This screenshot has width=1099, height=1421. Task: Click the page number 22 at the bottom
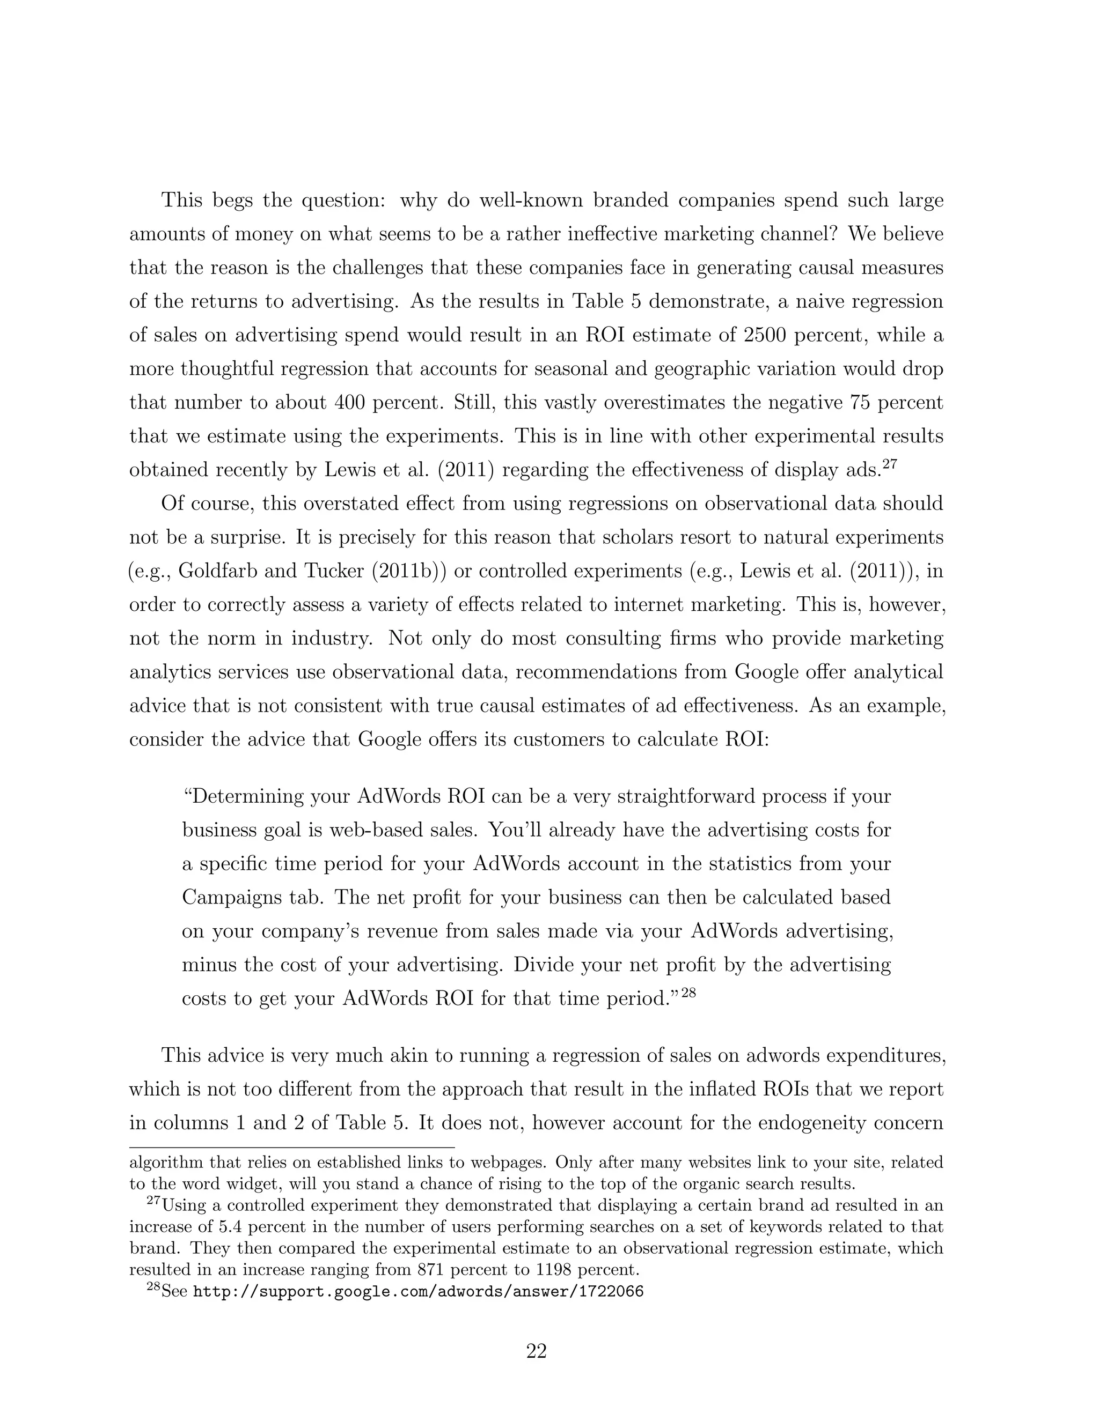[x=536, y=1351]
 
